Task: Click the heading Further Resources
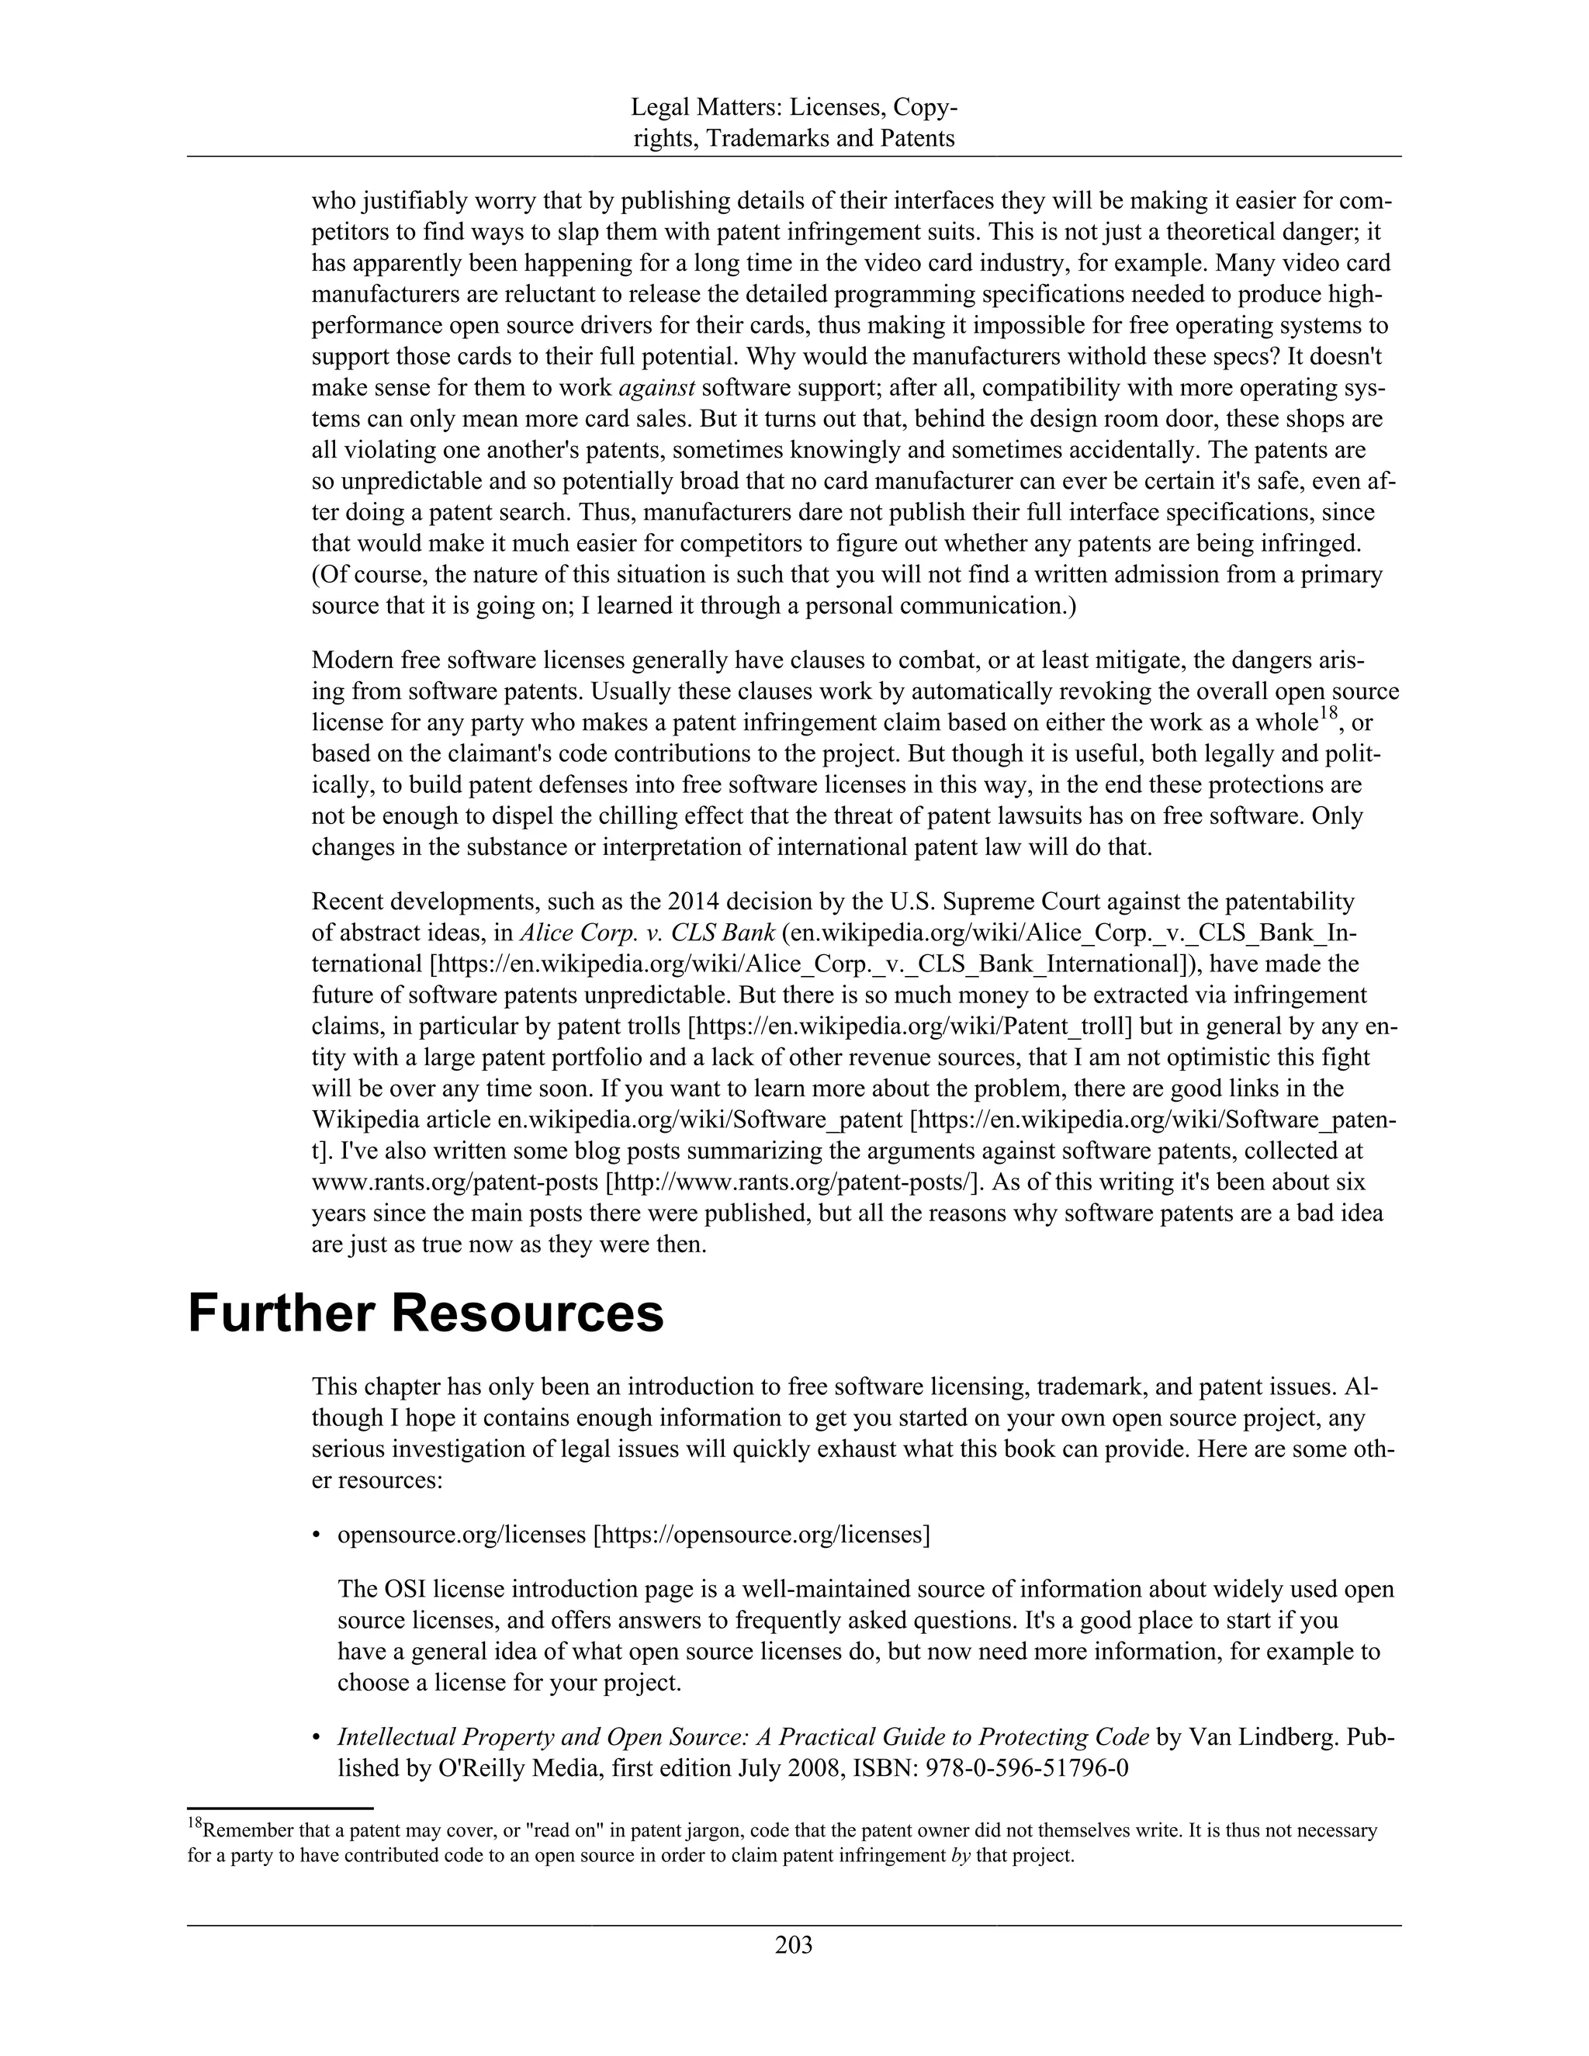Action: [x=425, y=1314]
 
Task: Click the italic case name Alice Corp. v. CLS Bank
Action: [x=648, y=933]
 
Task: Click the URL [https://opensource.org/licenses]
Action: [x=760, y=1535]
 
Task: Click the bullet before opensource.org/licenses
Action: [x=317, y=1535]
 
